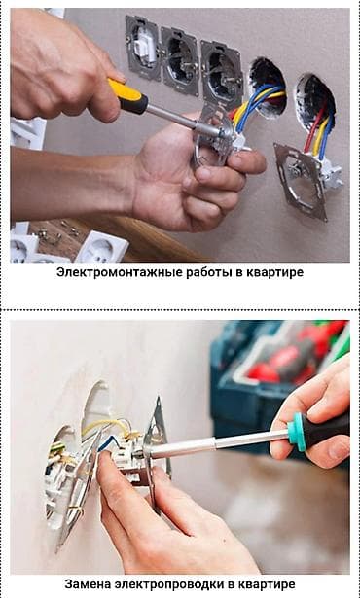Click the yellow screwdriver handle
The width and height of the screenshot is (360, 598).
pos(127,95)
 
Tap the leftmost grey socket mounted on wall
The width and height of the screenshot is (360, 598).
pos(142,47)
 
